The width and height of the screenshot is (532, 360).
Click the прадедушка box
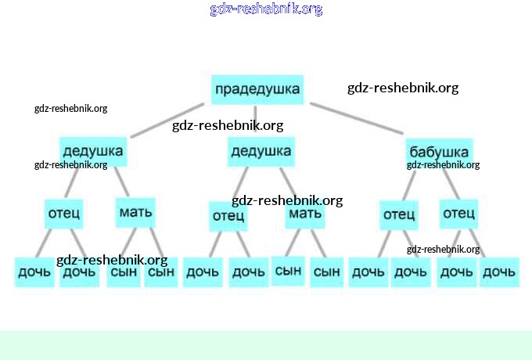[257, 89]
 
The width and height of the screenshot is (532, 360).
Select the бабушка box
[439, 151]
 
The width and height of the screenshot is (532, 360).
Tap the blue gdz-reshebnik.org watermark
[266, 9]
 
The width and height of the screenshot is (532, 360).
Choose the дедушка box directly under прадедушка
[261, 151]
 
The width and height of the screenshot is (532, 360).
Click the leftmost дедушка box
[92, 151]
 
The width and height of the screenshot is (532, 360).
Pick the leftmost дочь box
[34, 272]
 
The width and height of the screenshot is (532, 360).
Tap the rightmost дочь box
[499, 272]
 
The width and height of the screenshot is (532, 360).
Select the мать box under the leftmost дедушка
[135, 211]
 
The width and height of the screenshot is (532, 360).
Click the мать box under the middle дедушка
[305, 214]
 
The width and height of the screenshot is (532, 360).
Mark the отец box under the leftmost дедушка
[64, 214]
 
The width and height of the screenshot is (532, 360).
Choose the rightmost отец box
[459, 214]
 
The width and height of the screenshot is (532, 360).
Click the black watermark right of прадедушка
[403, 88]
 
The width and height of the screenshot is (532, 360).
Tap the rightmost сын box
[326, 272]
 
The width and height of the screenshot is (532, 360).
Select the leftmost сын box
[124, 272]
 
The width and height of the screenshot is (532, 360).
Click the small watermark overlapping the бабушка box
[443, 165]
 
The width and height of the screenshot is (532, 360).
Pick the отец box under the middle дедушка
[228, 216]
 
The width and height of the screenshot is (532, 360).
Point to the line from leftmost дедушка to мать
[119, 182]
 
